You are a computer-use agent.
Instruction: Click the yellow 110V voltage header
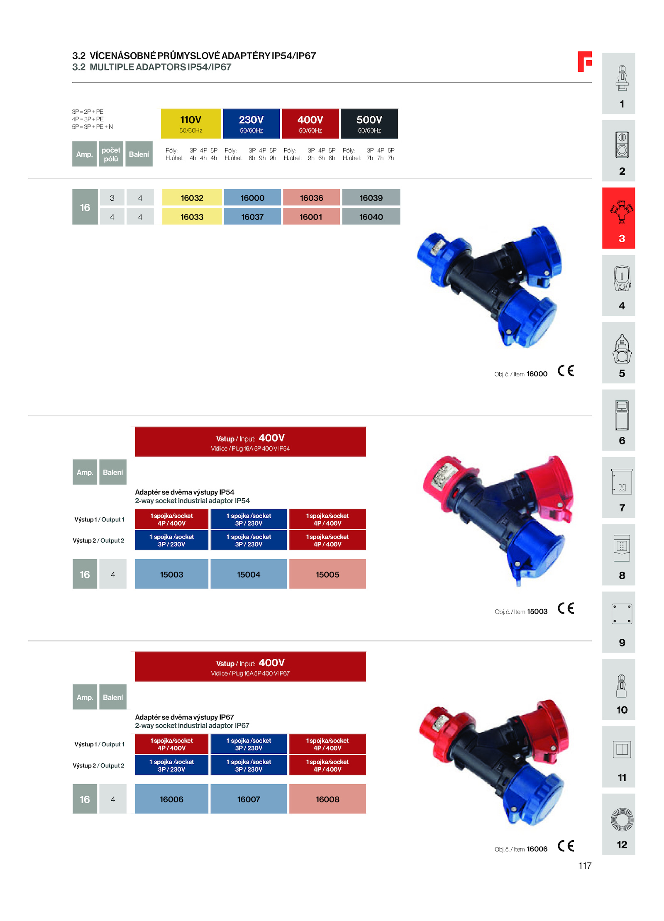pos(190,123)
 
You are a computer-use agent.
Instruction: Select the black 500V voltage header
pos(369,123)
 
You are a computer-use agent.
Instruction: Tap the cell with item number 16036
pos(311,197)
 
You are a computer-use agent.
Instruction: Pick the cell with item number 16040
pos(371,217)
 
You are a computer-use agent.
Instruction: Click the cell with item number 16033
pos(192,217)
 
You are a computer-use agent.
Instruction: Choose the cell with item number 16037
pos(252,217)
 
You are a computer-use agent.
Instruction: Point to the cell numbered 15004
pos(249,574)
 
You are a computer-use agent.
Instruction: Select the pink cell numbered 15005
pos(327,574)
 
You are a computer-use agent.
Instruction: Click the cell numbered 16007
pos(249,799)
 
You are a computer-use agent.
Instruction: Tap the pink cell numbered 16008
pos(327,799)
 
